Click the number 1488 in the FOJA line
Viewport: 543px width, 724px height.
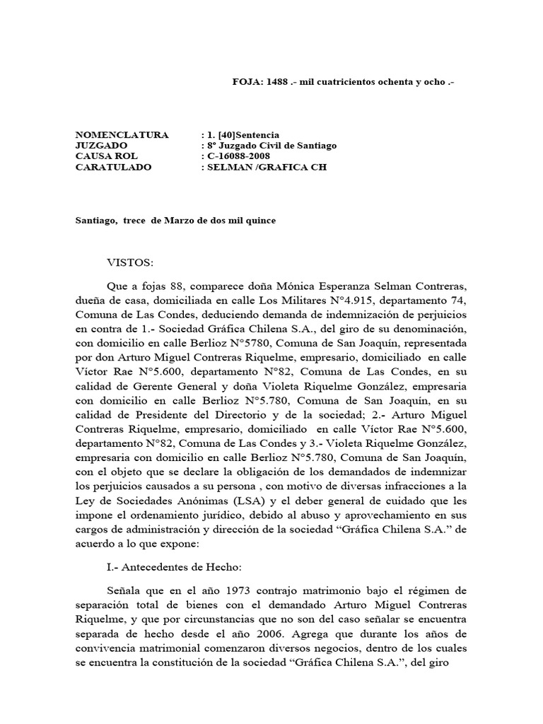coord(277,82)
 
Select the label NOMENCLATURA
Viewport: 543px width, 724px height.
coord(122,134)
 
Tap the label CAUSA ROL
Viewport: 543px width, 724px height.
coord(107,156)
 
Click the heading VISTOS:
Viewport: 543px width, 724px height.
coord(129,262)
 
